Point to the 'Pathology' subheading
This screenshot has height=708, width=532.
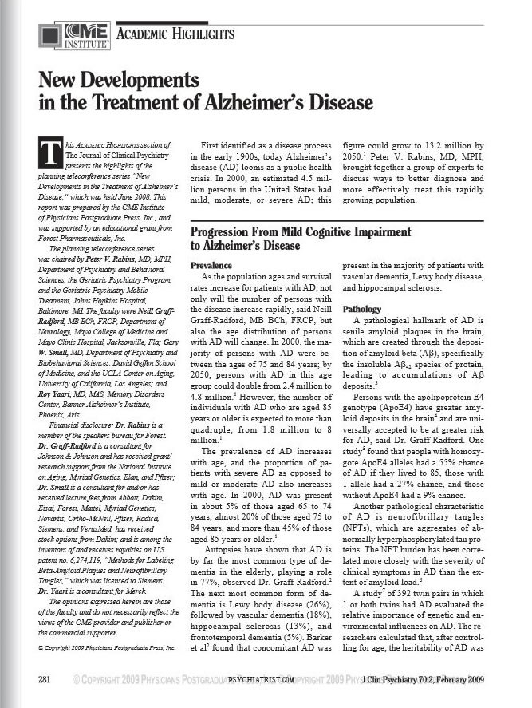tap(361, 308)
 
